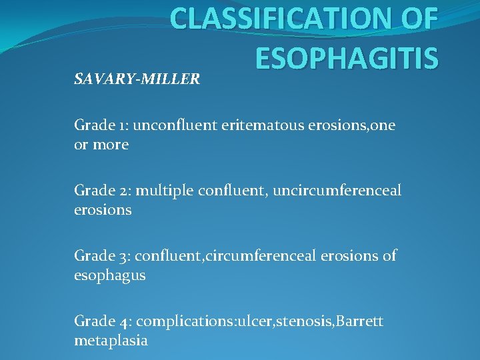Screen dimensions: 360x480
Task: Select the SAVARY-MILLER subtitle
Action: click(x=137, y=79)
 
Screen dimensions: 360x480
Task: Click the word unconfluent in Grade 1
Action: click(x=171, y=125)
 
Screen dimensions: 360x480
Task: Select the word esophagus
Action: click(x=109, y=275)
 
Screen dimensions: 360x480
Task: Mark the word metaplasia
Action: click(x=111, y=341)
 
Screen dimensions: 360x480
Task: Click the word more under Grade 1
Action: click(x=111, y=145)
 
